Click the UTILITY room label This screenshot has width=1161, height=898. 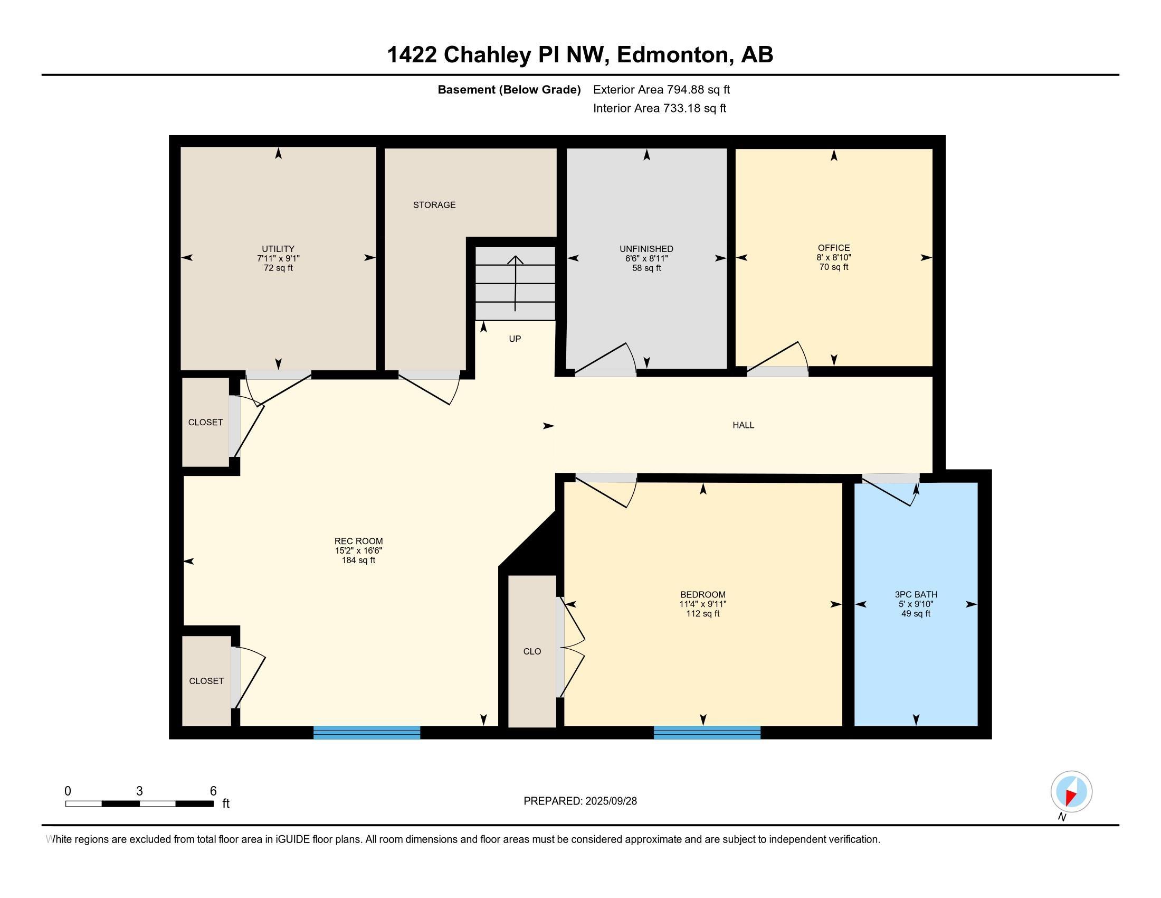coord(278,248)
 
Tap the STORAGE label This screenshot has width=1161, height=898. coord(434,205)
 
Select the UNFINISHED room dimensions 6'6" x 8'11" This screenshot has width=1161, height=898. coord(646,258)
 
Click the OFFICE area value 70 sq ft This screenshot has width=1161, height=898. coord(833,267)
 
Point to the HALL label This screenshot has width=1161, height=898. coord(743,425)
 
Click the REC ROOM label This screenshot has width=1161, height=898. coord(358,541)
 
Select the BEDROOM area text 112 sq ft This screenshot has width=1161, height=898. coord(703,613)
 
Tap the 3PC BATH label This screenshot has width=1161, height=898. coord(916,594)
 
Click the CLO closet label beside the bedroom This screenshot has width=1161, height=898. coord(532,651)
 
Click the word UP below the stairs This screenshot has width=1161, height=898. coord(515,339)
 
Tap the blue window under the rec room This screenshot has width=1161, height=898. coord(367,733)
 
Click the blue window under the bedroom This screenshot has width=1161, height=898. coord(707,733)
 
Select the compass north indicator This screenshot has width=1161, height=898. coord(1071,792)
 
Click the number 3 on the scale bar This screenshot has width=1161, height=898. coord(139,791)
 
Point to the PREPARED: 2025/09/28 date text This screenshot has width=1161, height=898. coord(580,801)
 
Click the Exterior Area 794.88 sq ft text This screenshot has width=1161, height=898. coord(661,89)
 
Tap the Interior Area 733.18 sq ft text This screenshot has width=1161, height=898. coord(659,108)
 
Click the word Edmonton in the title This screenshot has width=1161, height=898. coord(672,55)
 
